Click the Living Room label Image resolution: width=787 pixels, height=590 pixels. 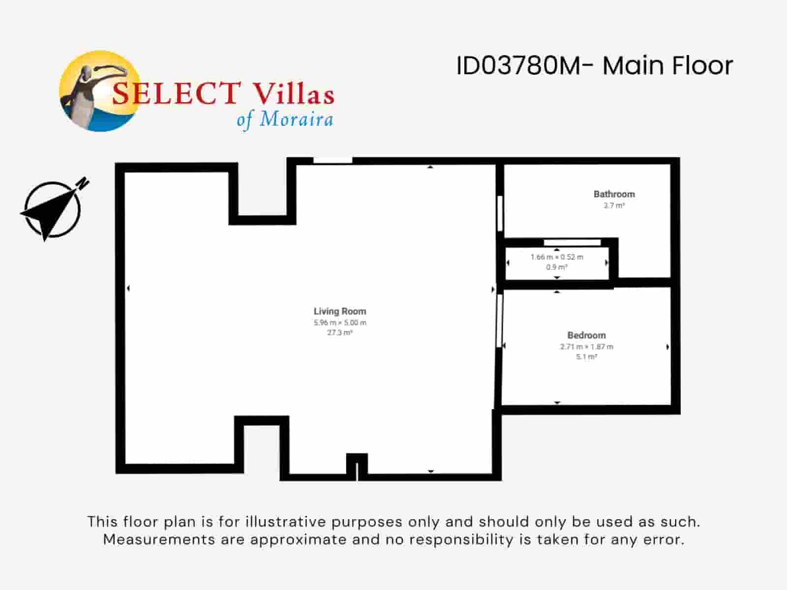point(340,311)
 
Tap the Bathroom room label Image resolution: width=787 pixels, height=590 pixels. point(614,194)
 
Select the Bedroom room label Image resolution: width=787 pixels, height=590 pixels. point(586,335)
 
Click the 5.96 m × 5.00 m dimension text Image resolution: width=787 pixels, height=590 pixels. point(340,323)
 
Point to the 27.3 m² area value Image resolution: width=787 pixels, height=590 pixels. point(340,333)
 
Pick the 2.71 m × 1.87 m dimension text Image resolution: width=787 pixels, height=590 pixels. point(586,347)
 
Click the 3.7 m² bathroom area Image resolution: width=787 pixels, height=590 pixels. point(614,206)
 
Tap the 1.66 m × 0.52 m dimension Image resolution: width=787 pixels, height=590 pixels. point(557,257)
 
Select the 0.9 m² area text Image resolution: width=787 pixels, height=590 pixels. point(557,267)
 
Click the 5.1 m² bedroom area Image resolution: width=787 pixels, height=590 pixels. point(586,357)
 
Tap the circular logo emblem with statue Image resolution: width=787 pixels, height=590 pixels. point(98,91)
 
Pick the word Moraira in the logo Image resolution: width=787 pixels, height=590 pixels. point(296,119)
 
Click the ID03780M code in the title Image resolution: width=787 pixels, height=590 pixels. point(519,66)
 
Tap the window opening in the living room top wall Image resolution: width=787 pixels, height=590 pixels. point(333,160)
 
